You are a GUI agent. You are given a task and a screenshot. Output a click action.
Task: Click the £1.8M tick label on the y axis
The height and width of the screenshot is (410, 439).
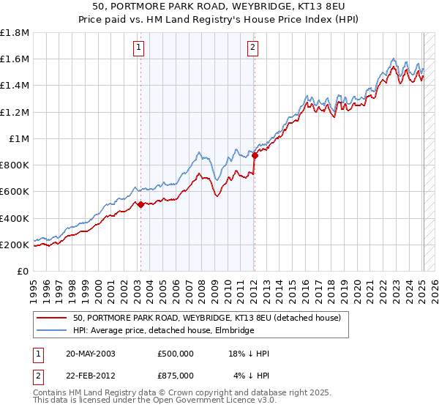click(x=15, y=33)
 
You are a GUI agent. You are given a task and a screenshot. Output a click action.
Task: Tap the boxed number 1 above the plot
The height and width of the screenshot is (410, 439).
click(x=139, y=48)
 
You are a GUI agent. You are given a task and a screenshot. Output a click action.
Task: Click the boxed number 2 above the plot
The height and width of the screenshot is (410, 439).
click(x=252, y=48)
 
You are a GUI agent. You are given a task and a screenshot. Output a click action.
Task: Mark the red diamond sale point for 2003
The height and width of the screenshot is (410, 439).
click(x=140, y=206)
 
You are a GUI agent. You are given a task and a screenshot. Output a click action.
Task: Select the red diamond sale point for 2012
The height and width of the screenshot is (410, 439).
click(x=255, y=155)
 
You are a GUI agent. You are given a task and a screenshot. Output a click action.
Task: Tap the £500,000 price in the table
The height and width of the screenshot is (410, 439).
click(x=176, y=354)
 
